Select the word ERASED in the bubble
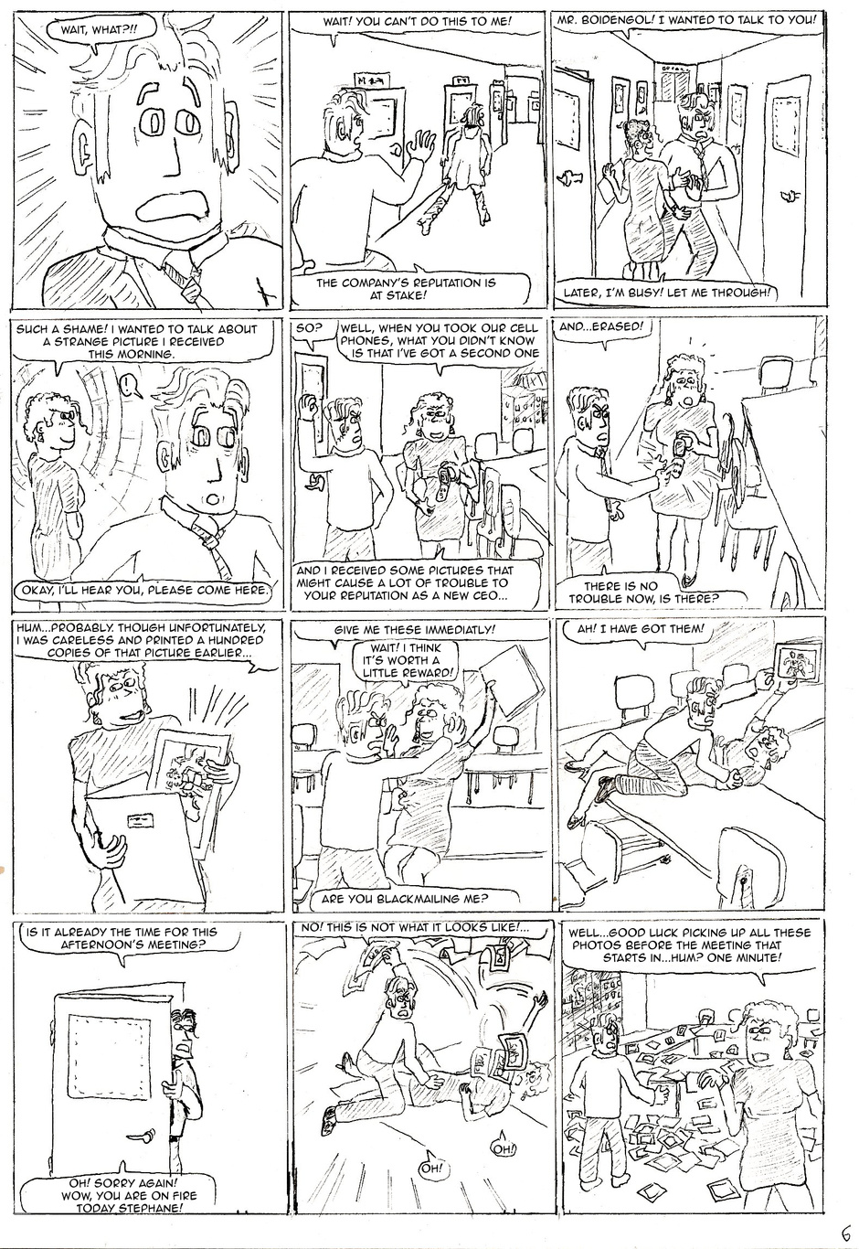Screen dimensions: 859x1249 tap(620, 326)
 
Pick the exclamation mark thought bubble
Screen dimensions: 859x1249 tap(130, 386)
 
